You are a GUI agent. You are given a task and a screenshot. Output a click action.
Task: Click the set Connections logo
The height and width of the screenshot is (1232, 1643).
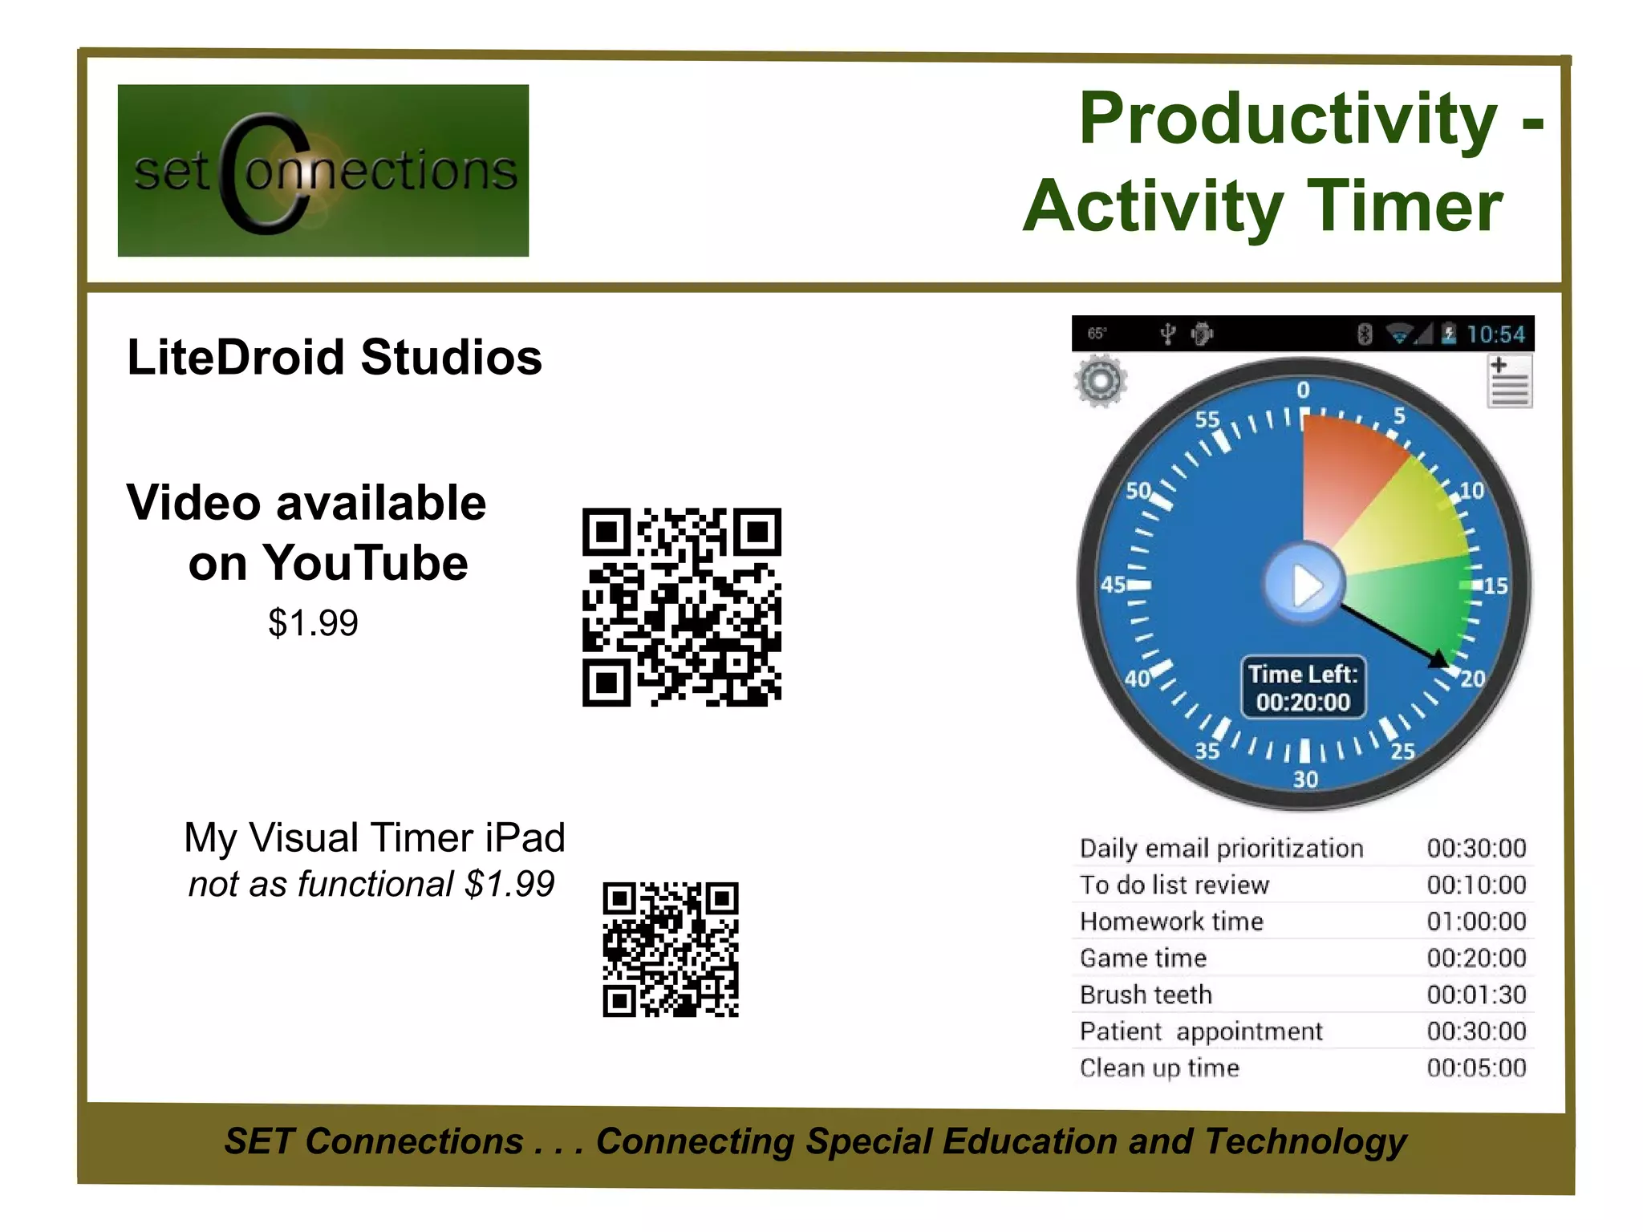(323, 170)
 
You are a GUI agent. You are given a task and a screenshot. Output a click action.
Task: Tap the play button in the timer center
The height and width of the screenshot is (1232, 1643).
(1304, 585)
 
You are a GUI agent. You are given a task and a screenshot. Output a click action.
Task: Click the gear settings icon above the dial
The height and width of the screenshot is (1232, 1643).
(1101, 380)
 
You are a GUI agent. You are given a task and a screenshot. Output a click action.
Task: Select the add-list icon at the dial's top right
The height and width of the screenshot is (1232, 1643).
(1509, 382)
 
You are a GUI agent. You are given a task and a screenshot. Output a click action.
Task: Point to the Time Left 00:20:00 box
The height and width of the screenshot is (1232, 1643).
(1303, 687)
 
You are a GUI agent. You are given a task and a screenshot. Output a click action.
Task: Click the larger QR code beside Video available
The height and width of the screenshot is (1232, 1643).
(682, 607)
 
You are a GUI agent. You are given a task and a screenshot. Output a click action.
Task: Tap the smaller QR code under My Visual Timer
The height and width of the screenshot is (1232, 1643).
(671, 950)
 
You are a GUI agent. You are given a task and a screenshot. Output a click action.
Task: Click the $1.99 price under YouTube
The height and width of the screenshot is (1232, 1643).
(313, 623)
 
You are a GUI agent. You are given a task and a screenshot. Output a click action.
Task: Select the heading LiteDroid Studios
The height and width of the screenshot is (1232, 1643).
(335, 357)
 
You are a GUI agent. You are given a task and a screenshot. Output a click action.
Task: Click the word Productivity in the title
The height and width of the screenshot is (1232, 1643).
(1288, 118)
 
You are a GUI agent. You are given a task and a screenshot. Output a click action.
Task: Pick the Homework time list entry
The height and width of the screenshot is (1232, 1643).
(1171, 922)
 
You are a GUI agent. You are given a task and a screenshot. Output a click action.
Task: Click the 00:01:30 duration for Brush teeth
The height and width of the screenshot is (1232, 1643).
(1476, 995)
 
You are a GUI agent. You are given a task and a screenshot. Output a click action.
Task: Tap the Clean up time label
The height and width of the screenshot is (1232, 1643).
(1159, 1068)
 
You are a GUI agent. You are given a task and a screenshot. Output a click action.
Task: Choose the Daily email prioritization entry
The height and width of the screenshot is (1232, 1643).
(1221, 849)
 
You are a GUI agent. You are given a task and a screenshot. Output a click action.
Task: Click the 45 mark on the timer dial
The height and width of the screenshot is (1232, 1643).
(1114, 585)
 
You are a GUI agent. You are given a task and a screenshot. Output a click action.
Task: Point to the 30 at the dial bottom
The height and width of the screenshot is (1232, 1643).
(1305, 779)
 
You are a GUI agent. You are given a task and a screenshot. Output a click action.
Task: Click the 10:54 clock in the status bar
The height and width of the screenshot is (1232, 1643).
(1495, 334)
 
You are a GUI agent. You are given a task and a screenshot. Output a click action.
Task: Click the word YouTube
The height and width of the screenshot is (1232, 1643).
(366, 563)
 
